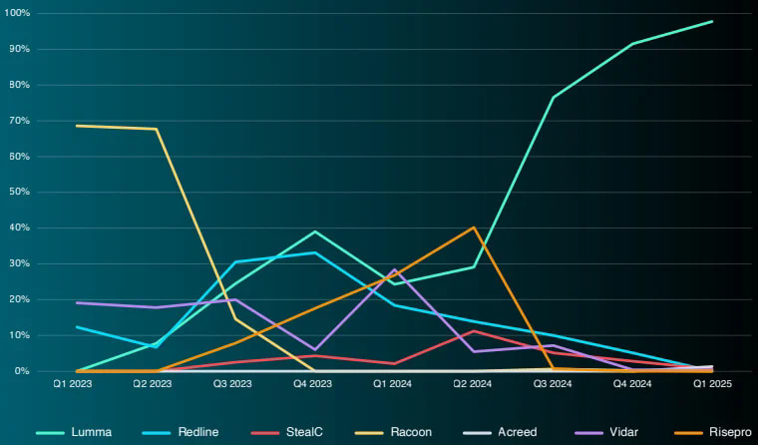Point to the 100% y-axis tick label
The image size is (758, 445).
18,14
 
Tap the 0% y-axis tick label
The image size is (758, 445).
23,371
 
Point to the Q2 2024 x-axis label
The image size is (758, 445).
474,382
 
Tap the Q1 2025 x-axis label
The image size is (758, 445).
712,382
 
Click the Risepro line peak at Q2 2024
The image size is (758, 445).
474,227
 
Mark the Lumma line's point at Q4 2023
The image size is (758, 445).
315,231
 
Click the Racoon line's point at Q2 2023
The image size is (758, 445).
157,129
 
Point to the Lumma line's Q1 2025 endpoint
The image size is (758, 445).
712,21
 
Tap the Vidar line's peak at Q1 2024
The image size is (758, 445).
395,269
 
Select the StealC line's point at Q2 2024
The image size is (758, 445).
474,331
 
